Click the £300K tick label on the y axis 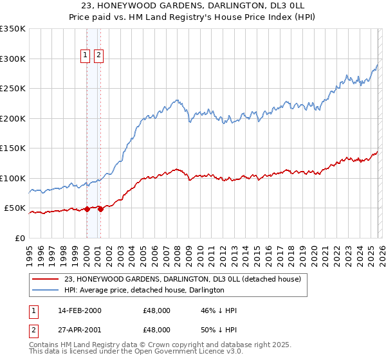tap(13, 59)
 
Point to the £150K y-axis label tap(13, 148)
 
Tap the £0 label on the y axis tap(20, 239)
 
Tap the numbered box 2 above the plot tap(98, 56)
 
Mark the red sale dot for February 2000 tap(87, 209)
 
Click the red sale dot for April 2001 tap(101, 209)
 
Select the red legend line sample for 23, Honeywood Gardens tap(46, 280)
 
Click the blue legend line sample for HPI tap(46, 291)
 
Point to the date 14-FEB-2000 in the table tap(79, 310)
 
